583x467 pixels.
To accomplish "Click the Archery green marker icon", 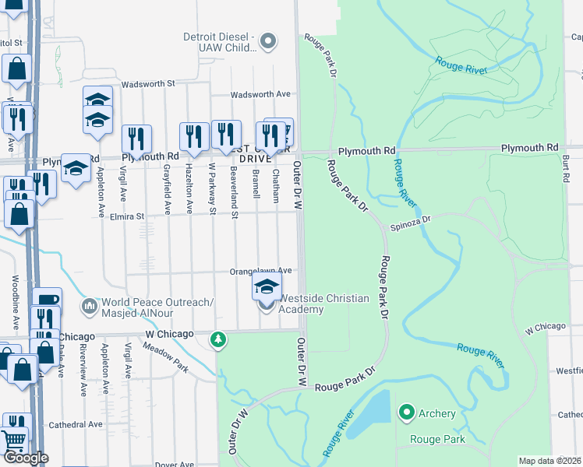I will [406, 412].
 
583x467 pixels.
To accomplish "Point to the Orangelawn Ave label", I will [260, 271].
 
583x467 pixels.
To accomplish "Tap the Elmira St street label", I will [127, 216].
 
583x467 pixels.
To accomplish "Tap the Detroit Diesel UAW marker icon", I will [268, 41].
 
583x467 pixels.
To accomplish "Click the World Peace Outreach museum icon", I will [90, 307].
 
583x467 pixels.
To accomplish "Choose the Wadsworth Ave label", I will [260, 94].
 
